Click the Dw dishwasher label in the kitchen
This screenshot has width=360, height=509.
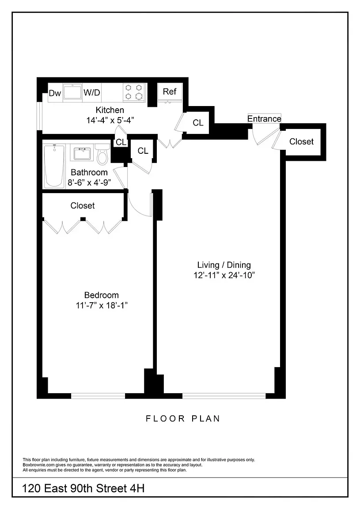pyautogui.click(x=55, y=93)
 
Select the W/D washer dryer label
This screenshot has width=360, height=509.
pyautogui.click(x=92, y=93)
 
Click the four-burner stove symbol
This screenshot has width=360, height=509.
pyautogui.click(x=134, y=92)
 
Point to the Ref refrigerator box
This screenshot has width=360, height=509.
pyautogui.click(x=170, y=91)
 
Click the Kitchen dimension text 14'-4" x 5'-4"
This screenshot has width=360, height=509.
pyautogui.click(x=110, y=120)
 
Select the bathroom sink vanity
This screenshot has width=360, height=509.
pyautogui.click(x=83, y=153)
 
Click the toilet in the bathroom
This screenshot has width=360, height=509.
pyautogui.click(x=102, y=155)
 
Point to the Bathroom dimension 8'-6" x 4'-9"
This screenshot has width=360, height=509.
pyautogui.click(x=89, y=182)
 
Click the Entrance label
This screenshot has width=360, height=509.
pyautogui.click(x=264, y=119)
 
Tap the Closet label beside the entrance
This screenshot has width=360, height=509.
pyautogui.click(x=301, y=141)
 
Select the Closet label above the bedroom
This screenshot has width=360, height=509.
pyautogui.click(x=83, y=206)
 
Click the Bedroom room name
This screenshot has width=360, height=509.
pyautogui.click(x=102, y=295)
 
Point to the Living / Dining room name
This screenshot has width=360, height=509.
pyautogui.click(x=224, y=265)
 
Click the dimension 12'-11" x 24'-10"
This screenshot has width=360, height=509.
pyautogui.click(x=224, y=275)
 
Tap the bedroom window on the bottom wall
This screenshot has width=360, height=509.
pyautogui.click(x=98, y=396)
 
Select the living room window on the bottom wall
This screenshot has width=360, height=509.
pyautogui.click(x=224, y=396)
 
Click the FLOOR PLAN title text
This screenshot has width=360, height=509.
pyautogui.click(x=183, y=418)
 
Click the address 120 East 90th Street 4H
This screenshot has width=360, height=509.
pyautogui.click(x=83, y=489)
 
